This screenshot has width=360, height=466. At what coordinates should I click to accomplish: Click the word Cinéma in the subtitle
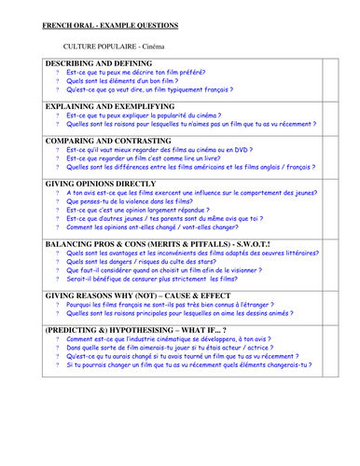(148, 45)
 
